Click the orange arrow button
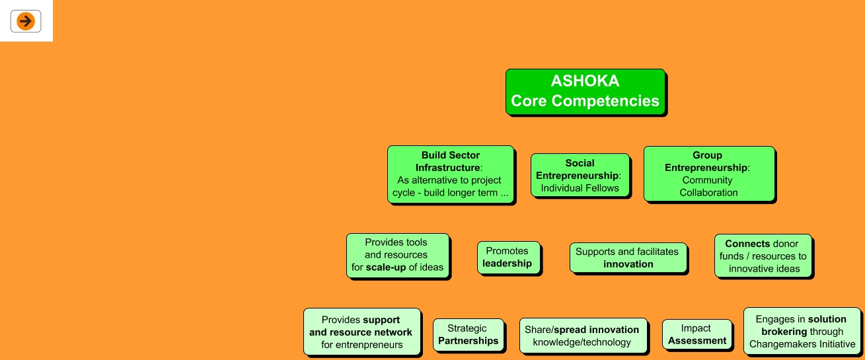pyautogui.click(x=26, y=21)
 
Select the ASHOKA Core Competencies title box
pyautogui.click(x=585, y=92)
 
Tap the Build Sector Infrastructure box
pyautogui.click(x=450, y=174)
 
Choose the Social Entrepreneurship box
pyautogui.click(x=580, y=175)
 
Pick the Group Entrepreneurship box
pyautogui.click(x=708, y=174)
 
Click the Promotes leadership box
pyautogui.click(x=508, y=257)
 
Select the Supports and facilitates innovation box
pyautogui.click(x=628, y=258)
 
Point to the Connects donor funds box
pyautogui.click(x=763, y=256)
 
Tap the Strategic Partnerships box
pyautogui.click(x=468, y=335)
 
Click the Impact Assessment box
pyautogui.click(x=696, y=334)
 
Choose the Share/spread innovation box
pyautogui.click(x=582, y=336)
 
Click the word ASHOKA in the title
pyautogui.click(x=585, y=81)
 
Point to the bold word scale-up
pyautogui.click(x=386, y=268)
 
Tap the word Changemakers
pyautogui.click(x=781, y=344)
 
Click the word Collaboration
pyautogui.click(x=708, y=193)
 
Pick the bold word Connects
pyautogui.click(x=747, y=244)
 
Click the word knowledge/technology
pyautogui.click(x=582, y=342)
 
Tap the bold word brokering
pyautogui.click(x=784, y=332)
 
